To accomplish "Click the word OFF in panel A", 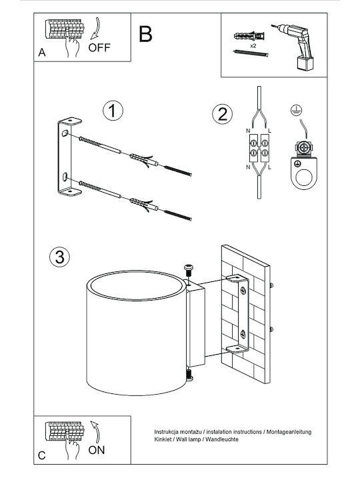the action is click(x=99, y=48).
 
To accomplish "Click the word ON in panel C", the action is click(x=97, y=450).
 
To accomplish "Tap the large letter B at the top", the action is click(x=145, y=34).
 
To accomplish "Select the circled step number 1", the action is click(x=113, y=111).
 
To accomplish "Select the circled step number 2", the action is click(x=222, y=115).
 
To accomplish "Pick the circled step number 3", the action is click(x=59, y=257).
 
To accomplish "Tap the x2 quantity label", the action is click(x=253, y=45).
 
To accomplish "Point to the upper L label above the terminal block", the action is click(x=269, y=131).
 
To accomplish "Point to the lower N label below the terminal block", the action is click(x=248, y=167).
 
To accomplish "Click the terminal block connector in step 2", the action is click(x=259, y=148).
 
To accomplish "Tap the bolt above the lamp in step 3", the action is click(x=189, y=271).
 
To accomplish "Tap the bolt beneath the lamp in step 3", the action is click(x=189, y=375).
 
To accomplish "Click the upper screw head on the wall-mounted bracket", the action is click(x=243, y=290).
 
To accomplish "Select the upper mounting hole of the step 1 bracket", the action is click(x=65, y=133).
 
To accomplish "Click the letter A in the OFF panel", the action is click(x=42, y=53).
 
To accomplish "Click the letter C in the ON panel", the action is click(x=42, y=455).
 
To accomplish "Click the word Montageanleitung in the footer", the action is click(x=289, y=432).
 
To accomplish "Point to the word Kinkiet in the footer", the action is click(x=163, y=439).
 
